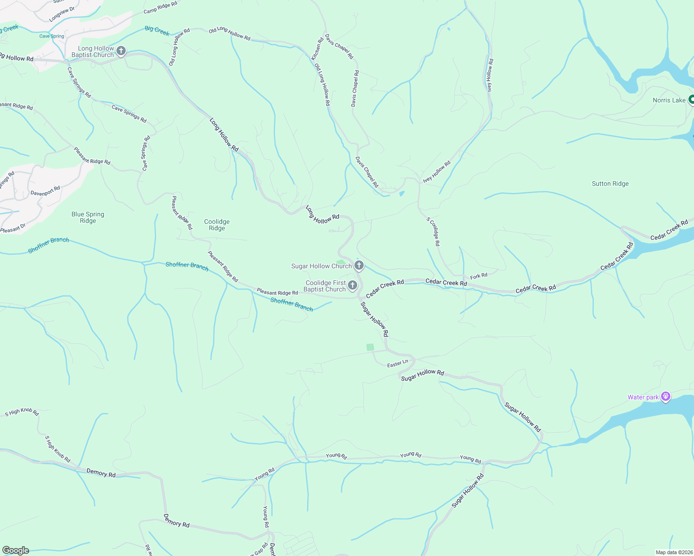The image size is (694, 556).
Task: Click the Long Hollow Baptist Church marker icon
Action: coord(121,51)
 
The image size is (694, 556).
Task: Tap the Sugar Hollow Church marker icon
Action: coord(359,265)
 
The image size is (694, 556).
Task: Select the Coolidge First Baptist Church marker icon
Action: coord(353,285)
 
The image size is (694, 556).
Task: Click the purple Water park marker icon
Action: coord(666,397)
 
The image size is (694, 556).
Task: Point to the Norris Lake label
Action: coord(668,100)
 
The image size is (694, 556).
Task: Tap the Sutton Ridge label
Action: coord(610,183)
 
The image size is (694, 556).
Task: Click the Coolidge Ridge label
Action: coord(217,225)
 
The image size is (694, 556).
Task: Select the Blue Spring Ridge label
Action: coord(88,217)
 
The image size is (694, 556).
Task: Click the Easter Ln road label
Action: coord(398,364)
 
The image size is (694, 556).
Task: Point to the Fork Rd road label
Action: coord(479,276)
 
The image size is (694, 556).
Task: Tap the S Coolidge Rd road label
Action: coord(433,231)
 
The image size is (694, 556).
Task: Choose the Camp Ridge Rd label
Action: coord(160,7)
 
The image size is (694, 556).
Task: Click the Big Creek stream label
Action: coord(157,31)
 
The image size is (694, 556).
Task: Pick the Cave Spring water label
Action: coord(51,36)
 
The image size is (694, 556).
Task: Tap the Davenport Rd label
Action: coord(45,191)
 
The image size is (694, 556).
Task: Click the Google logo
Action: coord(16,550)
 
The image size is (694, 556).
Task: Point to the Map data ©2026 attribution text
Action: coord(673,552)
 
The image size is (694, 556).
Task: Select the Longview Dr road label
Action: coord(62,14)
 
